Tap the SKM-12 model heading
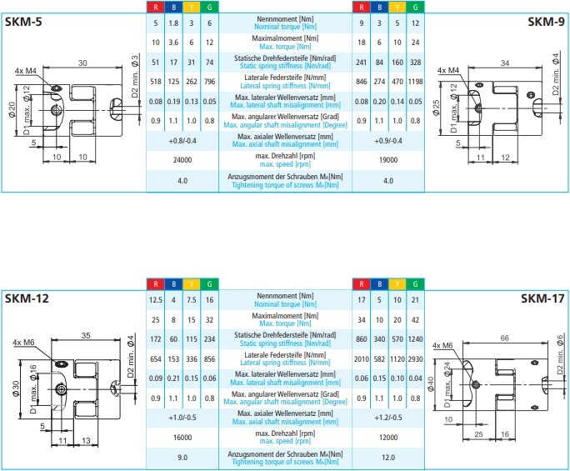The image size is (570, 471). click(x=32, y=298)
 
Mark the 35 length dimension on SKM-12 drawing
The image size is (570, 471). click(x=87, y=337)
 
